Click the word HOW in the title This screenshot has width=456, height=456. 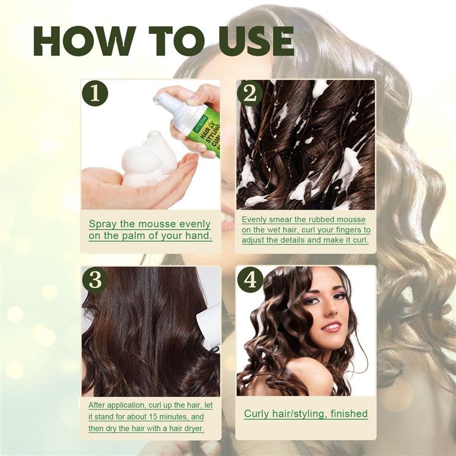coord(83,42)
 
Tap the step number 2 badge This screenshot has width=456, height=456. coord(250,93)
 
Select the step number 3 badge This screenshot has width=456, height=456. coord(95,279)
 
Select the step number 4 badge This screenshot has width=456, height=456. coord(250,279)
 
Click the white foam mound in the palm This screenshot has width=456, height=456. coord(146,160)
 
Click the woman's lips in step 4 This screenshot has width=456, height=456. coord(331,327)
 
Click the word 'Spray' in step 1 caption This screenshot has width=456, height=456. coord(105,224)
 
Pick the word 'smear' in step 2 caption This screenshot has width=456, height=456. coord(276,219)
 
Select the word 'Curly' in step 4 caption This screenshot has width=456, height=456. coord(258,414)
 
